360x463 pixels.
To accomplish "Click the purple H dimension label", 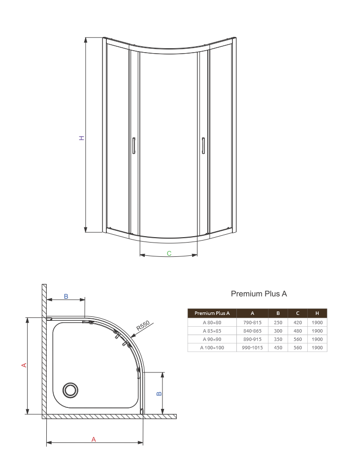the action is pos(82,138).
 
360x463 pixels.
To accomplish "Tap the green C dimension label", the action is pos(169,253).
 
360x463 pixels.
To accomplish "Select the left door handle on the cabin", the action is pos(133,146).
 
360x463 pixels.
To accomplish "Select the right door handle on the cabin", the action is pos(203,146).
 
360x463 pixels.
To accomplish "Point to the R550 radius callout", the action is pos(143,325).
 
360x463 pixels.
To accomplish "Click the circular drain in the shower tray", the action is pos(70,390).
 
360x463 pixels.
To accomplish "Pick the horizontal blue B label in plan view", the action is pos(66,296).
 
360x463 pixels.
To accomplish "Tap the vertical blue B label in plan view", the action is pos(159,393).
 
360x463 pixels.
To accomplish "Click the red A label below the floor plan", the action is pos(94,439).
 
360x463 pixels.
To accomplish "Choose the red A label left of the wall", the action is pos(24,365).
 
